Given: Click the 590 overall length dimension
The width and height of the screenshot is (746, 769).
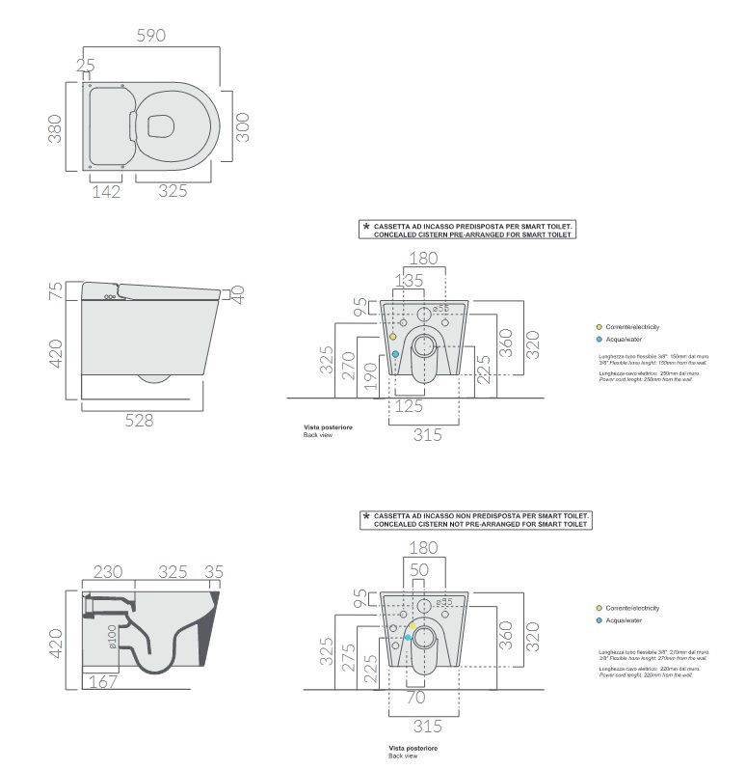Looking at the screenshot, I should [x=151, y=35].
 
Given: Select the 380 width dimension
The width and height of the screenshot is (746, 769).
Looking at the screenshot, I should [x=55, y=127].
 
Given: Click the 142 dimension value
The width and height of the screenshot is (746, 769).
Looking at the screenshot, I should [x=106, y=191].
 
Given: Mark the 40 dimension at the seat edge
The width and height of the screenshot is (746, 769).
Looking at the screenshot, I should [x=238, y=292].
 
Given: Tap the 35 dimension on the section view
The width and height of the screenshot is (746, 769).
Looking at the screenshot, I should [x=214, y=571].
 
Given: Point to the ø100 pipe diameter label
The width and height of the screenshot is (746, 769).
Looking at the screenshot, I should [x=113, y=638].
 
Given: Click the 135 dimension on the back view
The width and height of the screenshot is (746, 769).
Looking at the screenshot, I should [x=412, y=281].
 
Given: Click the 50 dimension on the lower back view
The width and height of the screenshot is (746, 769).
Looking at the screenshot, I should [x=418, y=570].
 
